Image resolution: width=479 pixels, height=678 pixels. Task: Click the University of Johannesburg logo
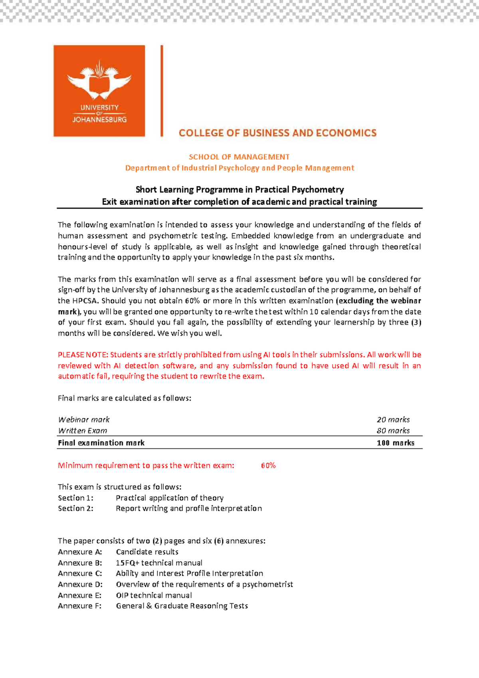point(99,91)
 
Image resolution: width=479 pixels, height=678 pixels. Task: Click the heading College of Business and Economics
point(277,133)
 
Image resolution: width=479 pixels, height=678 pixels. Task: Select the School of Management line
point(239,157)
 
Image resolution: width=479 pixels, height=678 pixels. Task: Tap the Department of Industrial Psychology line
point(239,168)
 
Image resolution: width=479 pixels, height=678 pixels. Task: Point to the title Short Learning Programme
point(239,190)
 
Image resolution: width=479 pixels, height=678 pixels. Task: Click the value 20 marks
point(393,420)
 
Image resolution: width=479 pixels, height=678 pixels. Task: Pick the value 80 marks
point(393,431)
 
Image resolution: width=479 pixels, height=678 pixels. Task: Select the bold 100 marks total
point(395,443)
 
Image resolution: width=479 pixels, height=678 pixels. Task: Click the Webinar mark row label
point(84,420)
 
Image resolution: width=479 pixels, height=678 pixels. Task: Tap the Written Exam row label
point(83,431)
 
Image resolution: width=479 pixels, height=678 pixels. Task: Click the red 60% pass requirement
point(268,466)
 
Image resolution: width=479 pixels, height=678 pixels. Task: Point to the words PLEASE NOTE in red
point(83,355)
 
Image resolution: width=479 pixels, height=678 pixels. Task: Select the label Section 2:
point(75,509)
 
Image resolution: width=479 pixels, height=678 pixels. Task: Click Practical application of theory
point(170,498)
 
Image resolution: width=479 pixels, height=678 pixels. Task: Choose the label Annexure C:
point(80,574)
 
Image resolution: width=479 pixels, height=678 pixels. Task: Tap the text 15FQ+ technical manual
point(159,563)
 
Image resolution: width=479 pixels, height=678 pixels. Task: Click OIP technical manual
point(154,595)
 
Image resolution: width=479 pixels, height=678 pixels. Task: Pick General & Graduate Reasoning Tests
point(182,606)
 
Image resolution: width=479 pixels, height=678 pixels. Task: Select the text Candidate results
point(147,552)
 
